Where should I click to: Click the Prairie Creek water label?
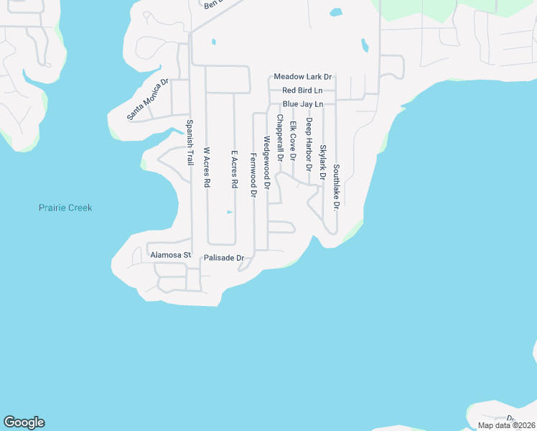point(65,208)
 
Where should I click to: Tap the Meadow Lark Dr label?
point(302,77)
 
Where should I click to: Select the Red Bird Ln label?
point(302,91)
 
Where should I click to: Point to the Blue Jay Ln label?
point(302,104)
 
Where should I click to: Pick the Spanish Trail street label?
point(190,142)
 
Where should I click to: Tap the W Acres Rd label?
point(206,167)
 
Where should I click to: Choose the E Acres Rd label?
point(234,170)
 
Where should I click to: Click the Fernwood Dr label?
point(253,175)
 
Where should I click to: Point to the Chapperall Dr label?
point(280,137)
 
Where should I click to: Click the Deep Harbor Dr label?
point(309,144)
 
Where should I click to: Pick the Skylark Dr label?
point(323,162)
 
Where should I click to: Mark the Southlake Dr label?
point(336,186)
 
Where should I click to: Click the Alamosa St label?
point(170,255)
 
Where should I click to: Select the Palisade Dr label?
point(225,257)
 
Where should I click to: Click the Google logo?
point(24,422)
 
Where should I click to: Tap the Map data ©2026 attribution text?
point(506,425)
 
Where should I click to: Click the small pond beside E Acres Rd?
point(229,212)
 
